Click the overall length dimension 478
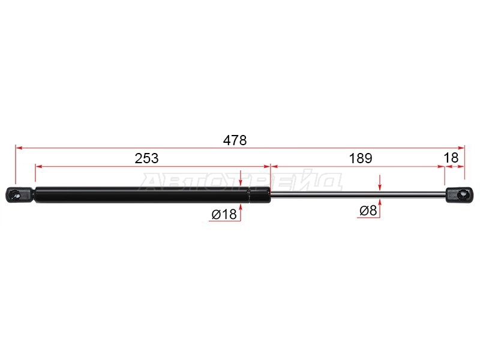tap(235, 140)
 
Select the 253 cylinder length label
tap(146, 158)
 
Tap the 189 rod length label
tap(361, 158)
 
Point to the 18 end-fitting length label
tap(451, 158)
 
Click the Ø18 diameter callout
tap(224, 214)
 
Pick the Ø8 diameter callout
tap(368, 211)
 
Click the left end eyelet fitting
tap(19, 194)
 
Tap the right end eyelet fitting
tap(459, 195)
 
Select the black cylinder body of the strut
tap(152, 194)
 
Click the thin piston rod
tap(358, 194)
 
